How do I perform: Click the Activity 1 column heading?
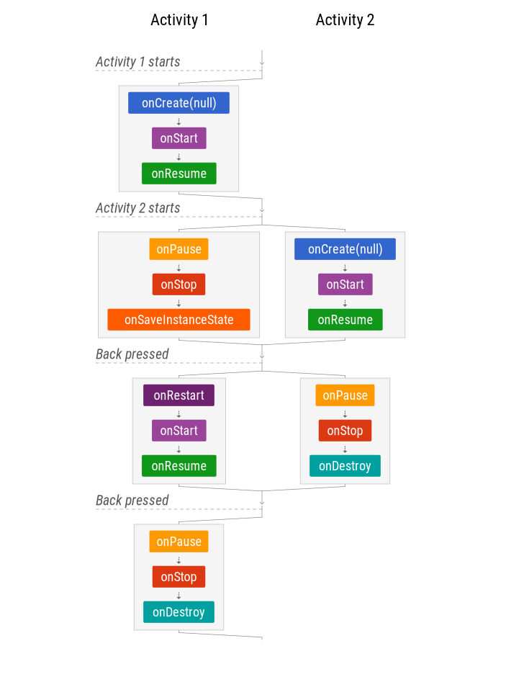tap(179, 20)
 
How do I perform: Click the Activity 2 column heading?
tap(345, 20)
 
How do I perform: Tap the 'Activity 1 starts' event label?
tap(137, 62)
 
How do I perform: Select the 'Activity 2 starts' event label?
tap(137, 208)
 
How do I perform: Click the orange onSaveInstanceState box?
tap(179, 320)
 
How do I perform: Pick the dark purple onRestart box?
tap(179, 395)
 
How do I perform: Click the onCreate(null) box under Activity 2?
tap(345, 249)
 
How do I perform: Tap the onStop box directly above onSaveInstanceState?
tap(179, 284)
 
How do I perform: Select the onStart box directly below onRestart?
tap(179, 431)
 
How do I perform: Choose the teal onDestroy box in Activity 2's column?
tap(345, 466)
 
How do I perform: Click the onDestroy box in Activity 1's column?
tap(179, 612)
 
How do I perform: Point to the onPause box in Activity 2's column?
tap(345, 395)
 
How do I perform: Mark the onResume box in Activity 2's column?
tap(345, 320)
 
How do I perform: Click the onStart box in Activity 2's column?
tap(345, 284)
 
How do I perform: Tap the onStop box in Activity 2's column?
tap(345, 431)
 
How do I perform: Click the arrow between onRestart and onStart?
tap(179, 413)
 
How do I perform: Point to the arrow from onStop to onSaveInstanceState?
tap(179, 302)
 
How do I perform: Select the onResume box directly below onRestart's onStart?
tap(179, 466)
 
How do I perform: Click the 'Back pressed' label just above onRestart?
tap(132, 354)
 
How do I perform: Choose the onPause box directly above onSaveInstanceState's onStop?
tap(179, 249)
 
